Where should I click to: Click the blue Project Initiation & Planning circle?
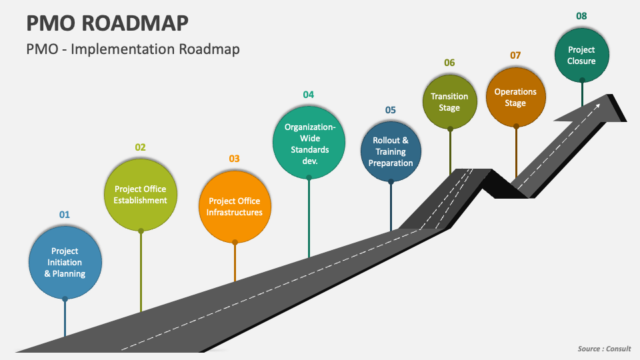tap(65, 262)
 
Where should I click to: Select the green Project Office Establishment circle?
tap(141, 194)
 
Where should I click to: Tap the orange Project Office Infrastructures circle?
tap(235, 206)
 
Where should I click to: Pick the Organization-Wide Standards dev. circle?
tap(309, 143)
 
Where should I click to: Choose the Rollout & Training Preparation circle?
tap(391, 151)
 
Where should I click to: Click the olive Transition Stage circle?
tap(449, 101)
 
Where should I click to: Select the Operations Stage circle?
tap(515, 97)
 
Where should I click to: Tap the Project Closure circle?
tap(581, 55)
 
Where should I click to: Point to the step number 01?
tap(65, 215)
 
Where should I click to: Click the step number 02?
tap(141, 147)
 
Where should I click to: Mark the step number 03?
tap(234, 159)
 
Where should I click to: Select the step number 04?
tap(309, 95)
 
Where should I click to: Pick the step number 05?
tap(391, 110)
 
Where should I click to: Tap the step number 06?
tap(449, 63)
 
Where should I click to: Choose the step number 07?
tap(515, 55)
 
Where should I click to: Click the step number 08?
tap(581, 16)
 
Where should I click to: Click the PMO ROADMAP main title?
tap(107, 23)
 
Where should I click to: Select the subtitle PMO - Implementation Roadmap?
tap(133, 49)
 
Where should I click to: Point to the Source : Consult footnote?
tap(603, 349)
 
